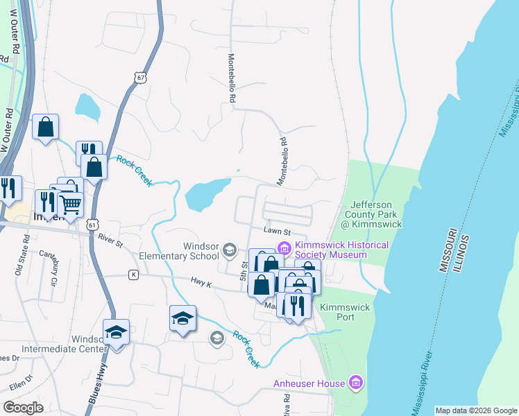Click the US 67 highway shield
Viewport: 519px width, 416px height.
coord(142,78)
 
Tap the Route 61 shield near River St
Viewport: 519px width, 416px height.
coord(93,225)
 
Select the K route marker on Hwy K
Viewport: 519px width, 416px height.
coord(133,275)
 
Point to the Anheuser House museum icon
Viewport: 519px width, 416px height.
coord(356,383)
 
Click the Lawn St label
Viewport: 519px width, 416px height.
coord(275,232)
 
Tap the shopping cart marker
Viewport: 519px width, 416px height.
coord(71,203)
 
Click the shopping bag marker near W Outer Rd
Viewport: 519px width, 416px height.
coord(45,127)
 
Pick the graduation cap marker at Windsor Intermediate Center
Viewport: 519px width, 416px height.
coord(116,332)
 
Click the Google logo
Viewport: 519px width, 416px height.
coord(23,408)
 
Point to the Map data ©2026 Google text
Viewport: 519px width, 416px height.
coord(475,410)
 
